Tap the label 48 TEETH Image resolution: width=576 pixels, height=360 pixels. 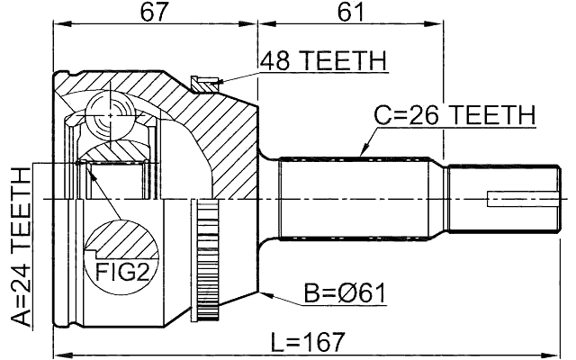(323, 61)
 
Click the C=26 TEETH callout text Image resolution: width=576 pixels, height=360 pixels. (454, 115)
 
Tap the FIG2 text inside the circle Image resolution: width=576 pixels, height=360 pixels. (121, 270)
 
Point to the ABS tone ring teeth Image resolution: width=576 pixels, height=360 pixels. (208, 261)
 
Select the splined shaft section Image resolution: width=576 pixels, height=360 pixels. (360, 198)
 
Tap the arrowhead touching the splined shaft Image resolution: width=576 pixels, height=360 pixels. (363, 154)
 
